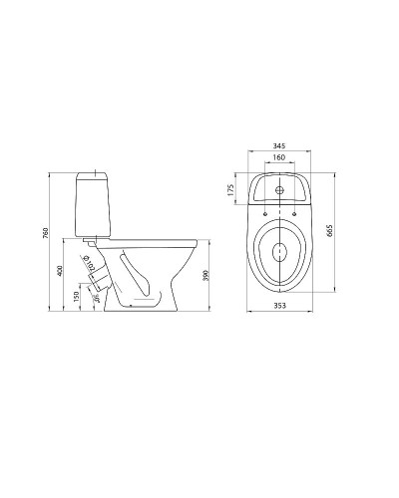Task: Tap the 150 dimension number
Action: (x=77, y=295)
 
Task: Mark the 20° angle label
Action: (x=96, y=295)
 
